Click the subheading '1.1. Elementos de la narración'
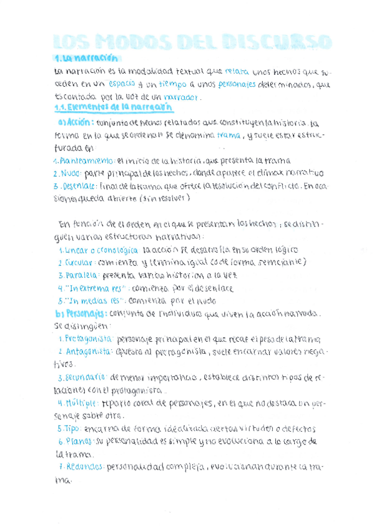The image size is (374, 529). (104, 108)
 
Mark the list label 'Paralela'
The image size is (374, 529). (79, 275)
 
